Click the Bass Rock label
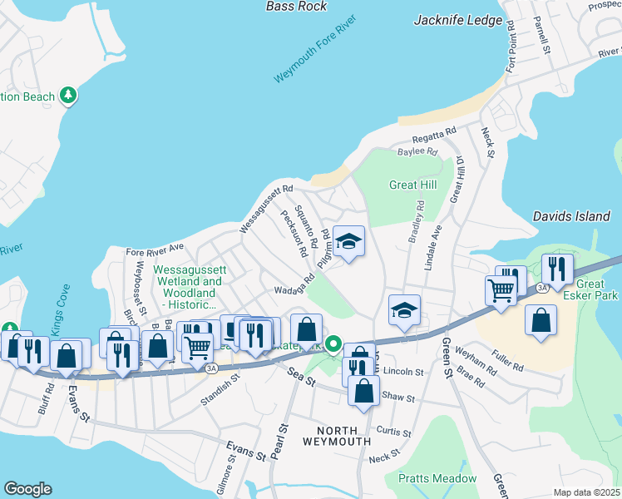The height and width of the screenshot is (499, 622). (x=296, y=6)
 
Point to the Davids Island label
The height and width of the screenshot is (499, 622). (x=570, y=216)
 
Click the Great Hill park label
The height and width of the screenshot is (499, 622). (x=412, y=185)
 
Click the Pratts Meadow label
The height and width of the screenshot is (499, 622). (x=437, y=478)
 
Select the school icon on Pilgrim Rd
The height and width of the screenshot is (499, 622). (x=349, y=242)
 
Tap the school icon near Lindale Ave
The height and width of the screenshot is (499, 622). (x=405, y=311)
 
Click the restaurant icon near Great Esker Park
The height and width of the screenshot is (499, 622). (x=556, y=269)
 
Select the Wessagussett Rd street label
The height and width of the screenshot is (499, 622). (x=266, y=208)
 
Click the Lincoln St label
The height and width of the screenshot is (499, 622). (x=403, y=372)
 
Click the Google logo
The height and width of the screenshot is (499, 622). (x=27, y=489)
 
